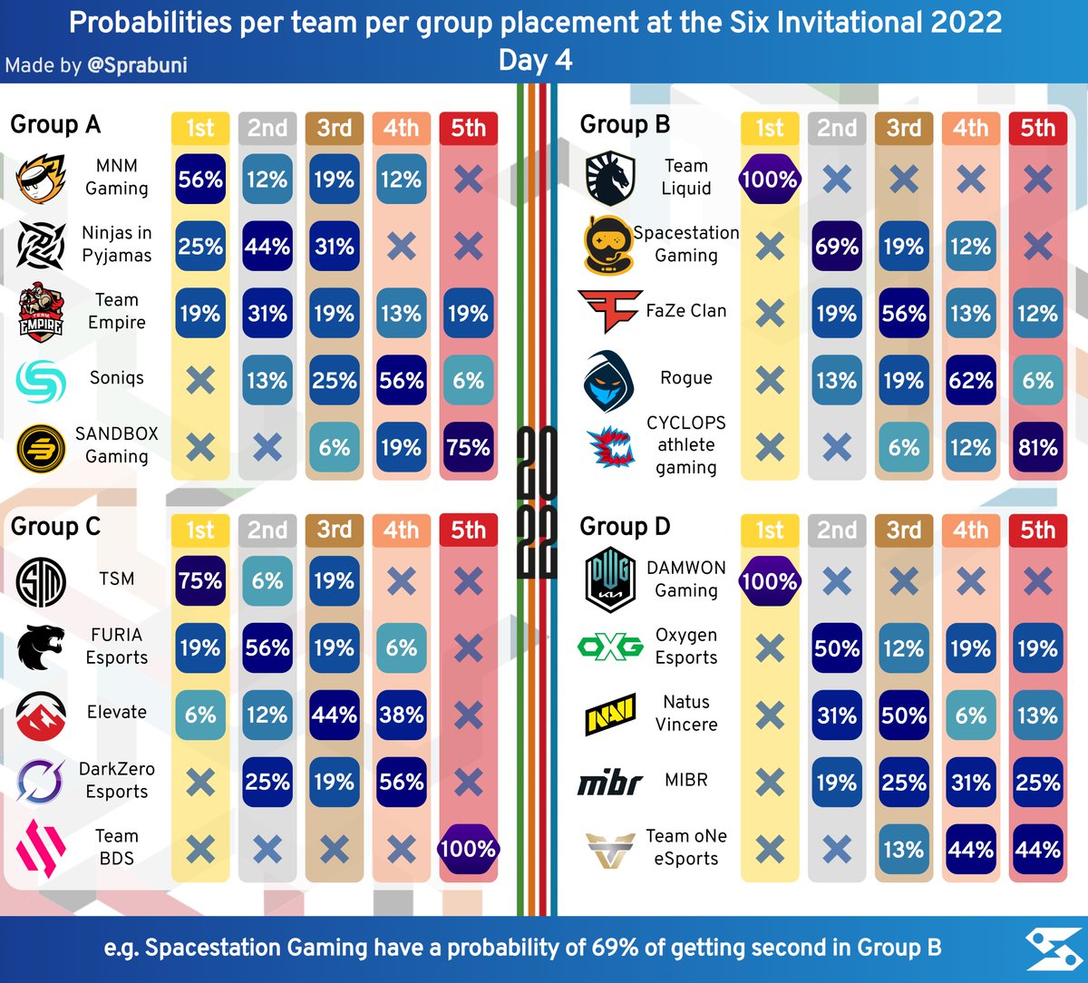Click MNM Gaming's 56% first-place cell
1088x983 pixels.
click(x=200, y=179)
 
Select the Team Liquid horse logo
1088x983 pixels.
click(x=610, y=178)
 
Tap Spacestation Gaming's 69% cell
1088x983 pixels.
click(x=836, y=247)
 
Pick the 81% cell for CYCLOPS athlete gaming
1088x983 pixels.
click(x=1037, y=448)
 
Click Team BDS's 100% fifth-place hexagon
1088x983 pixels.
click(x=468, y=849)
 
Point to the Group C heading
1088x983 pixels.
click(x=55, y=526)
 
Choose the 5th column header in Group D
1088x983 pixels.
click(x=1037, y=530)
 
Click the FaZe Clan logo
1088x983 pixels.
click(x=610, y=311)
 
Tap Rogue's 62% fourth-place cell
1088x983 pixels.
click(x=970, y=380)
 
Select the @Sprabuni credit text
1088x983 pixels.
click(x=137, y=65)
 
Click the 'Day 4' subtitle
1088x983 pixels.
click(x=535, y=60)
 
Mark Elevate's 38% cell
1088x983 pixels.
click(x=401, y=715)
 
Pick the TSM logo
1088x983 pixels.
click(x=41, y=581)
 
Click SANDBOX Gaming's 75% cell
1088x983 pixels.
click(x=468, y=448)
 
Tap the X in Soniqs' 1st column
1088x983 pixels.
click(x=200, y=380)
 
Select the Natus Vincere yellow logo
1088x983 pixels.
click(x=610, y=714)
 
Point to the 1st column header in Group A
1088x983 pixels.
click(x=200, y=129)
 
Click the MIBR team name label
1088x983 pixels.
click(x=686, y=780)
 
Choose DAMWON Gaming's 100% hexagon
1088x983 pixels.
click(x=770, y=581)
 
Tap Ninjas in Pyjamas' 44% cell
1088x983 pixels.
click(x=267, y=247)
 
